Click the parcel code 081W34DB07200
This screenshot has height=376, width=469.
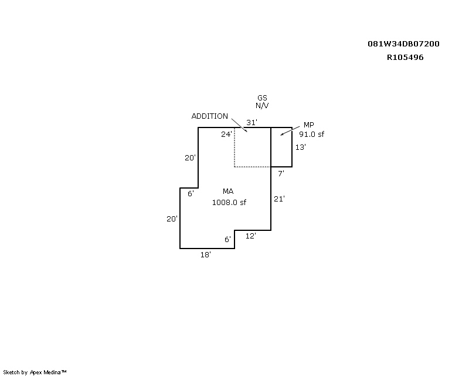click(x=403, y=44)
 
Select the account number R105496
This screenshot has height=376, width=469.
click(x=405, y=57)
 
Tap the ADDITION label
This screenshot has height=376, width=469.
click(x=210, y=116)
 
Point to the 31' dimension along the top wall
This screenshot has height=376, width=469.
click(x=252, y=122)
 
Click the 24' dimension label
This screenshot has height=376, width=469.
click(x=226, y=135)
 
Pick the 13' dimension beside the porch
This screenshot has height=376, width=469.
click(x=301, y=147)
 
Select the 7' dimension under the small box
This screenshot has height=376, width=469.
click(x=281, y=173)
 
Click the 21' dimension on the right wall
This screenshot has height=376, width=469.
click(x=280, y=199)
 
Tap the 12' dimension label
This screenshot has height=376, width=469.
click(x=251, y=236)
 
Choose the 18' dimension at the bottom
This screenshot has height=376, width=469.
click(x=206, y=254)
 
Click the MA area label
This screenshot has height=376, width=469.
click(x=228, y=192)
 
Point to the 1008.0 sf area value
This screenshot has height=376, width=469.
click(x=229, y=202)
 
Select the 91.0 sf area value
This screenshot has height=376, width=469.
click(x=312, y=135)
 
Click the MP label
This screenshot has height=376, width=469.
click(x=309, y=125)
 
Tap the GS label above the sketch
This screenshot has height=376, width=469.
click(x=262, y=98)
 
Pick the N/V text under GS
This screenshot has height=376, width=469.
click(x=262, y=106)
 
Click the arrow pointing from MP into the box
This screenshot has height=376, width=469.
click(x=290, y=131)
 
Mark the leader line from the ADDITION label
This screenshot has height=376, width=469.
click(x=239, y=125)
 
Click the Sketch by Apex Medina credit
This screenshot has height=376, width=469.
click(x=35, y=372)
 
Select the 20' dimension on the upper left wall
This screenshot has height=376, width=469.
click(x=190, y=157)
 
